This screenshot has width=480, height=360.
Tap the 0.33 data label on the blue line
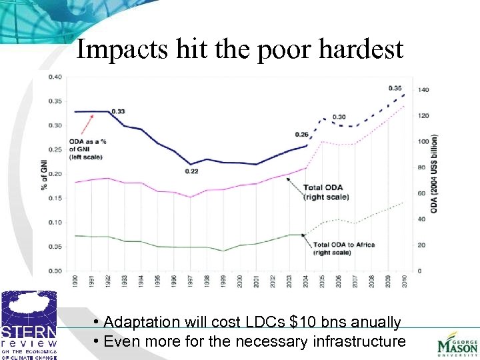click(x=118, y=111)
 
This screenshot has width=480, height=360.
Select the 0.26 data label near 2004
click(x=302, y=134)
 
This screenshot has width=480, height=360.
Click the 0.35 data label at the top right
click(x=395, y=88)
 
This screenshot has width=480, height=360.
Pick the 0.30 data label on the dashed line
click(x=339, y=117)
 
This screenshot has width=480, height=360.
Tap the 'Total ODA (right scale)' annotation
click(x=323, y=192)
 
